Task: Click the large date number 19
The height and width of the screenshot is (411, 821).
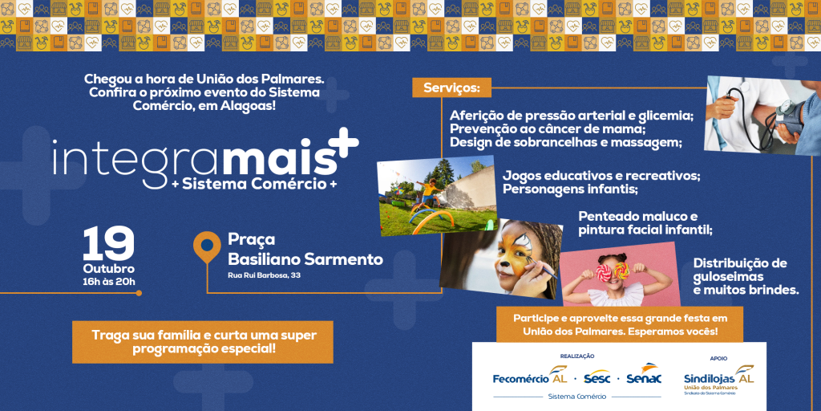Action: [109, 243]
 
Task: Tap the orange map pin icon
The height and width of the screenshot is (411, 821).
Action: [207, 246]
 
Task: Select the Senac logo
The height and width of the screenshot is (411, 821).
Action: [644, 374]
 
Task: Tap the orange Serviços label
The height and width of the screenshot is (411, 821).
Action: [451, 87]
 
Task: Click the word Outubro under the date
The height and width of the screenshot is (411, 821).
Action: [109, 269]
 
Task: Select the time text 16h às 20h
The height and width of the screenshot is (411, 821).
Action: [109, 282]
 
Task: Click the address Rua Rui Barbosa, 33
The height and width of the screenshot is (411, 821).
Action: [263, 276]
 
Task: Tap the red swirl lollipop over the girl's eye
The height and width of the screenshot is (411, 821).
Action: [604, 272]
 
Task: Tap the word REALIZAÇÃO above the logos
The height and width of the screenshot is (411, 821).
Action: [577, 356]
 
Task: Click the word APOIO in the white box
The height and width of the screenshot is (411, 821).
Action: [718, 359]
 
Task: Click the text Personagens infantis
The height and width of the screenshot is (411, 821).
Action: [571, 189]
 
